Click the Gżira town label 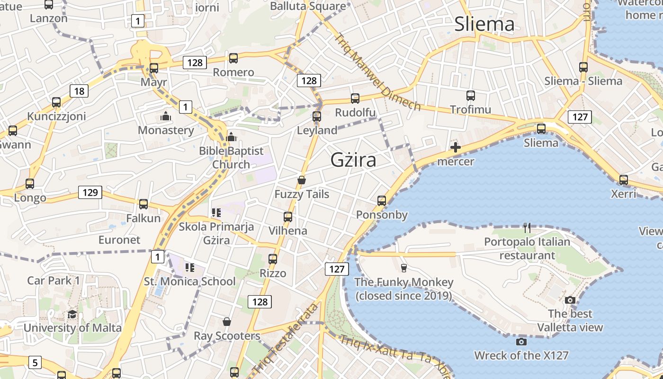353,160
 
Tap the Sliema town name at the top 484,24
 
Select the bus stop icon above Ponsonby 382,201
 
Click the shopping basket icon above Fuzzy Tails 301,180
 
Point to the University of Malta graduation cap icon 72,315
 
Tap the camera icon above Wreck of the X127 521,342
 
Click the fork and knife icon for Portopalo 527,228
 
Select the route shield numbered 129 90,192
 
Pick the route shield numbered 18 79,91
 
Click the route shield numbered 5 35,363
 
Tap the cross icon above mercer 455,148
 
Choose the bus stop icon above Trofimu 470,96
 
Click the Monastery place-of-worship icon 166,116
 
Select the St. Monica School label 189,281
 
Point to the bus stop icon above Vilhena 287,217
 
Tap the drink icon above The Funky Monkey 403,268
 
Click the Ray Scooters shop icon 227,322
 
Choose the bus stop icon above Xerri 623,180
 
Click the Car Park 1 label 54,280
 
